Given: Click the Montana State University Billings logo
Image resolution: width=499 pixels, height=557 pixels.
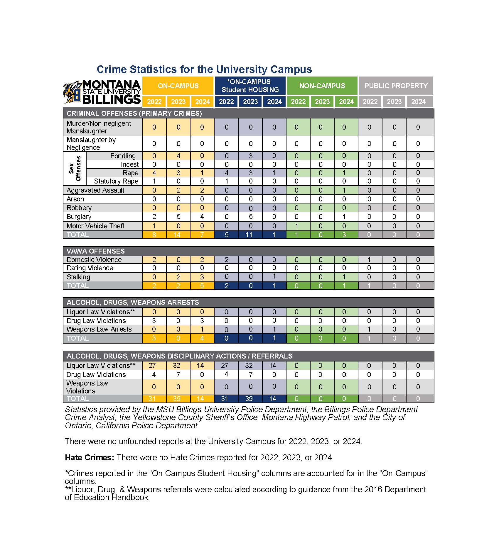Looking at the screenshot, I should click(102, 92).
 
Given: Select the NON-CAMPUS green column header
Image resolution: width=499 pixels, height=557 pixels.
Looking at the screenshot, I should click(322, 86).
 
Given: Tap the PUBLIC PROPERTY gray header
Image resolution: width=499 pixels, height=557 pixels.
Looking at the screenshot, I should click(396, 86).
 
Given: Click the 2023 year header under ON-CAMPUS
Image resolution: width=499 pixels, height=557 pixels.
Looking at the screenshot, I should click(178, 102).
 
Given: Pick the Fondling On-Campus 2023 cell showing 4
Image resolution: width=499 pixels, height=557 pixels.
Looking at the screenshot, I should click(178, 156).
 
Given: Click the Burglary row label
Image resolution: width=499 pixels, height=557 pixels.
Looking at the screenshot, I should click(79, 217).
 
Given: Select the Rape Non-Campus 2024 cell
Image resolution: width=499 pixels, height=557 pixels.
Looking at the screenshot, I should click(344, 173).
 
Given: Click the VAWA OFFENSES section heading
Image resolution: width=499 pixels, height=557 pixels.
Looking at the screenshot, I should click(95, 251).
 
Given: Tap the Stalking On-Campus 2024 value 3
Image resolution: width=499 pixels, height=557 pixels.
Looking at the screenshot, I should click(202, 277).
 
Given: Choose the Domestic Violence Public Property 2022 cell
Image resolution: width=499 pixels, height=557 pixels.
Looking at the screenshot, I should click(369, 260).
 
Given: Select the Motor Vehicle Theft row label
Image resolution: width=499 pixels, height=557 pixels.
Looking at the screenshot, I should click(95, 226).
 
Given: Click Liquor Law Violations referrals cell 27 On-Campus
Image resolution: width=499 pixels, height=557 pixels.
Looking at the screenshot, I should click(152, 366).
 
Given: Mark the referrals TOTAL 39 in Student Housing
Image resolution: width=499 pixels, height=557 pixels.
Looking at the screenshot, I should click(249, 399).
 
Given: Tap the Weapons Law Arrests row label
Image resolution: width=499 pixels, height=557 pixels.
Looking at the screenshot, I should click(99, 329).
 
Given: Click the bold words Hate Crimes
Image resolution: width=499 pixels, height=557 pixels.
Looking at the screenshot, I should click(89, 457).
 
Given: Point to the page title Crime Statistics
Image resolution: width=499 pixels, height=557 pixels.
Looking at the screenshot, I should click(204, 69).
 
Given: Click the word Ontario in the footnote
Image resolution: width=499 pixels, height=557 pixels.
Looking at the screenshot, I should click(78, 425).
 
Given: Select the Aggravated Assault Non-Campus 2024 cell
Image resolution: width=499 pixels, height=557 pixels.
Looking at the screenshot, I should click(344, 190).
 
